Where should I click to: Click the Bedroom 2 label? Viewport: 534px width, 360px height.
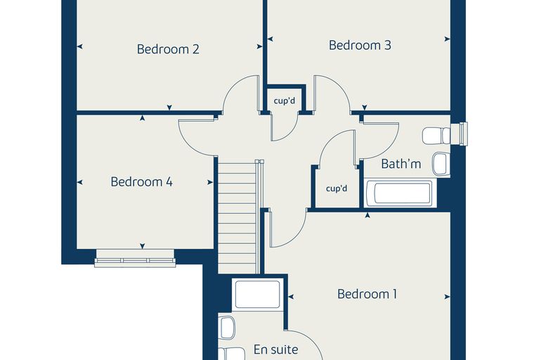pos(168,49)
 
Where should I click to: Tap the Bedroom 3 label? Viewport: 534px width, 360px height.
pos(360,45)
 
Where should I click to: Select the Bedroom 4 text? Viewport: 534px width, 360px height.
pos(141,181)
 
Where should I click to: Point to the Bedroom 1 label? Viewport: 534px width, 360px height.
pos(367,294)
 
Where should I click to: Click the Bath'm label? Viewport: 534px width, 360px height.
pos(400,164)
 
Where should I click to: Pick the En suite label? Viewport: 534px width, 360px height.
pos(276,349)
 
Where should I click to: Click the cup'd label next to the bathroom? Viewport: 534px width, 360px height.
pos(337,188)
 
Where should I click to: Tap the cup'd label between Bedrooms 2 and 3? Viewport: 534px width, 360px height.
pos(285,101)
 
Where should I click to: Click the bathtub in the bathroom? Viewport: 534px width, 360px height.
pos(400,193)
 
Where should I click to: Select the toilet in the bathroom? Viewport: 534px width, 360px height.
pos(436,136)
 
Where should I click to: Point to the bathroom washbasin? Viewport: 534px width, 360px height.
pos(441,164)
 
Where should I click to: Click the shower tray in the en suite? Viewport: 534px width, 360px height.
pos(257,295)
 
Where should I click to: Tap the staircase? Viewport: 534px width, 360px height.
pos(237,217)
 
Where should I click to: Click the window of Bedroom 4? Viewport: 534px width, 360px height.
pos(135,258)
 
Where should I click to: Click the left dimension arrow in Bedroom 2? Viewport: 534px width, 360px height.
pos(79,46)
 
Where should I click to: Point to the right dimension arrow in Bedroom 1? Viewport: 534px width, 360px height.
pos(447,297)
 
